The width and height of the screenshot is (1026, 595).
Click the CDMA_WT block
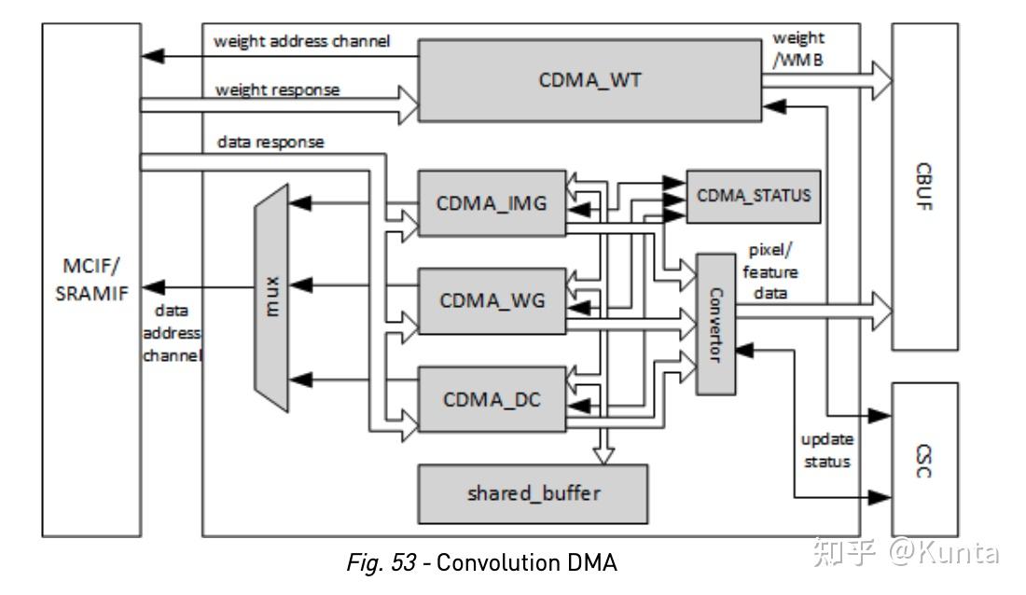click(589, 80)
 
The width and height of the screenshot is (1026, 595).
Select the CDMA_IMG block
click(491, 203)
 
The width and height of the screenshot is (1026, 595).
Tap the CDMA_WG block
click(491, 300)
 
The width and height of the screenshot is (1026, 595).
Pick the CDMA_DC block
click(491, 399)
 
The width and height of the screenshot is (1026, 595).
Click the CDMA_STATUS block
click(754, 196)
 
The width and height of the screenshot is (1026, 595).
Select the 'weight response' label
click(278, 90)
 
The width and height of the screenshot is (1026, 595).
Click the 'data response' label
click(270, 142)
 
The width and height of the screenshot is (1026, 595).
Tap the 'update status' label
click(828, 450)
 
